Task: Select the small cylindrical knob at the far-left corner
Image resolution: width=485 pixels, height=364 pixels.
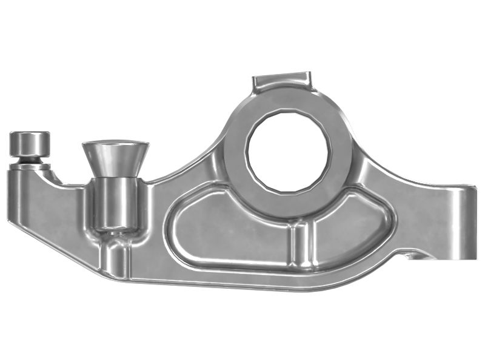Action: pyautogui.click(x=29, y=144)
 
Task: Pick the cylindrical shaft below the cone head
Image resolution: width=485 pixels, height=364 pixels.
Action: pyautogui.click(x=115, y=203)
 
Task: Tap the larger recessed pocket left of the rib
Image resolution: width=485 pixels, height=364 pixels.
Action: pyautogui.click(x=230, y=231)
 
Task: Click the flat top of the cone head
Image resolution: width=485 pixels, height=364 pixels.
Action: pyautogui.click(x=115, y=144)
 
